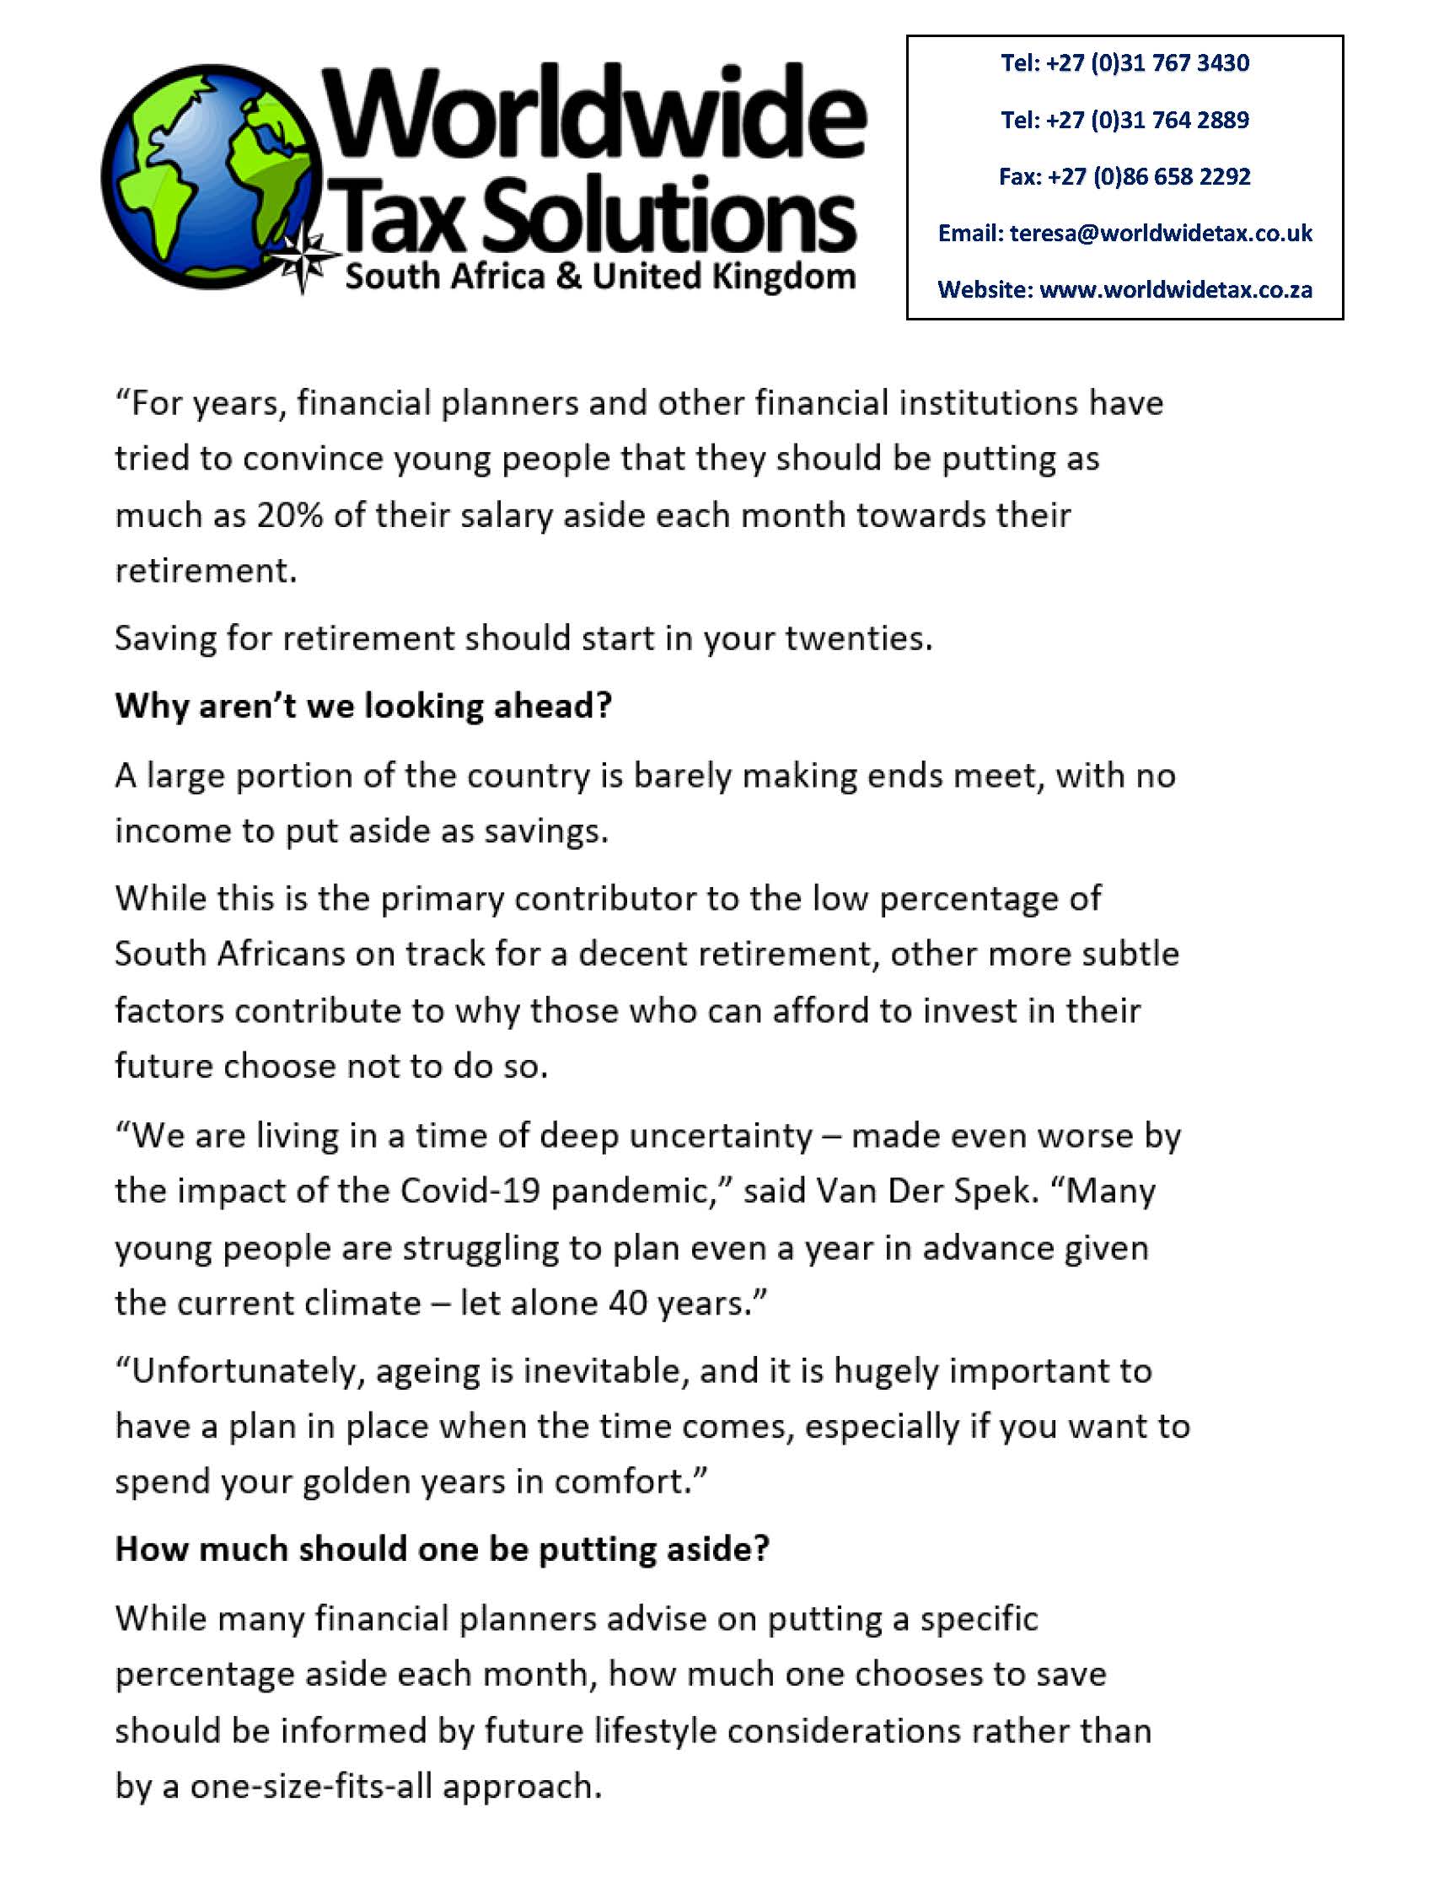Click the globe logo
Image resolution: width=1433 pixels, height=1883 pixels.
213,177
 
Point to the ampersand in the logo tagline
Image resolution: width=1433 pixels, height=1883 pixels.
568,277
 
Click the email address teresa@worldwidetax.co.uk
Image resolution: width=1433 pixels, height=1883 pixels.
1161,233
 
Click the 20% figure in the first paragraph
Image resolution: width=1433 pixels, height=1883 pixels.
290,516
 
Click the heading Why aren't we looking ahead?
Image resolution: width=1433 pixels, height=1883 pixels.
363,707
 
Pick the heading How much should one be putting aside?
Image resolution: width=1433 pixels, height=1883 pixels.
442,1549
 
